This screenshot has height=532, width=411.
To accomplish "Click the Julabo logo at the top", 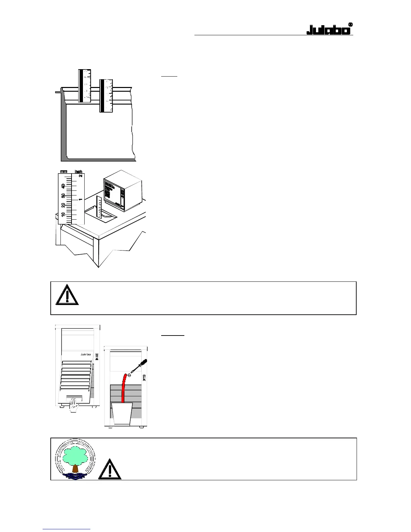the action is [x=328, y=30].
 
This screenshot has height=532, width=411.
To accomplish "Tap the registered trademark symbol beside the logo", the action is [x=350, y=25].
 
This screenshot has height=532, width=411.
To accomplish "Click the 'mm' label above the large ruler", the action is [x=63, y=172].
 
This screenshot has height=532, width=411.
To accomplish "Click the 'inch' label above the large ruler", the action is [x=78, y=172].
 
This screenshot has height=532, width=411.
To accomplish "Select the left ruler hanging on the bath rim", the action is [x=85, y=85].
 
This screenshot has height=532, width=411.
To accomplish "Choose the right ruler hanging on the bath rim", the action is [x=106, y=95].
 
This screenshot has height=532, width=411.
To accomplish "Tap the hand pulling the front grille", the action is [x=74, y=404].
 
